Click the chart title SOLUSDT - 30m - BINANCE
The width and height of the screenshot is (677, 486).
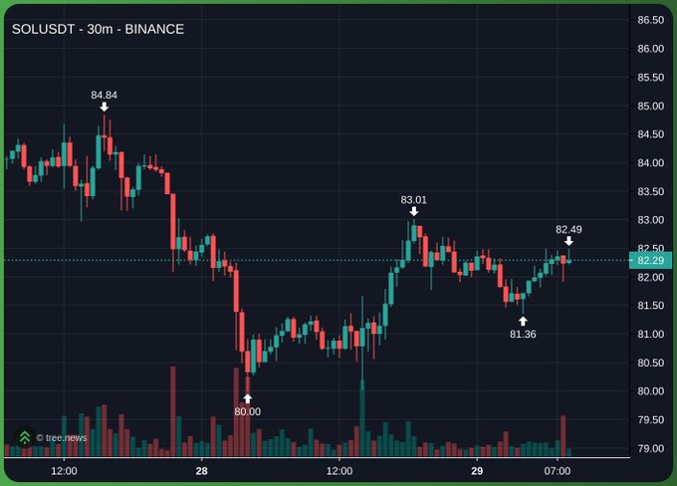(x=98, y=29)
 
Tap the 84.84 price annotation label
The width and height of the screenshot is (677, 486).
(x=105, y=95)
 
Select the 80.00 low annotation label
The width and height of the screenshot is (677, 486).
(x=247, y=411)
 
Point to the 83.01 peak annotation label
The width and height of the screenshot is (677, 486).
(x=413, y=200)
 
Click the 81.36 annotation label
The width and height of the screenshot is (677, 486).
(x=523, y=334)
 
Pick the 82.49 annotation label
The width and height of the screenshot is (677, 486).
(x=568, y=229)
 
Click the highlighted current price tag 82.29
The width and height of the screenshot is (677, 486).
(x=651, y=261)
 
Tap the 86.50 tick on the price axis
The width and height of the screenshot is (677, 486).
(x=651, y=20)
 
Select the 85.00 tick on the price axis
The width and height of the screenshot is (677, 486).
(x=651, y=106)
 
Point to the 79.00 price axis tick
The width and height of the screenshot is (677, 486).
(x=651, y=448)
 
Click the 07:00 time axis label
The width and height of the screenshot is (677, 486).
(x=558, y=471)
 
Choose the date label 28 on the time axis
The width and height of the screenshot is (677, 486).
(x=202, y=471)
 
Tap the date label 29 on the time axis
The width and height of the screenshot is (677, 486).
(x=477, y=471)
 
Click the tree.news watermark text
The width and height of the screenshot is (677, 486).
(x=62, y=438)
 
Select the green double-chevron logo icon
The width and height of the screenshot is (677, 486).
(x=25, y=437)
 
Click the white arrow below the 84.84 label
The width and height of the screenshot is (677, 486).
(x=105, y=107)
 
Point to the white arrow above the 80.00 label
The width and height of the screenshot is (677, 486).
(x=247, y=398)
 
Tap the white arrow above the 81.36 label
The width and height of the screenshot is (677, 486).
(x=523, y=321)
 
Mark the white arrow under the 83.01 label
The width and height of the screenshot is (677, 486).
(x=413, y=211)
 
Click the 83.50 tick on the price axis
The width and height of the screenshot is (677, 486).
(x=651, y=191)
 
